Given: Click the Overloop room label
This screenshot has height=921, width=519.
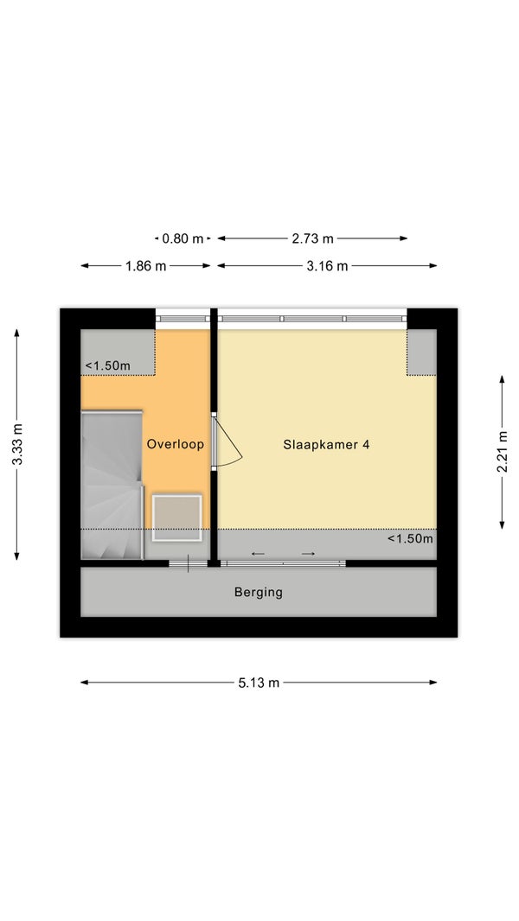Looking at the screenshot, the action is (x=175, y=444).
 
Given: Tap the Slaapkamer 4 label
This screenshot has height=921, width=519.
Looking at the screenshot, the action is (x=326, y=445).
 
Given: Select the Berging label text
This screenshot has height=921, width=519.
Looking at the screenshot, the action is (x=259, y=592).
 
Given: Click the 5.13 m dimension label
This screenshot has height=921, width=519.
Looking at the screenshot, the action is (x=259, y=683).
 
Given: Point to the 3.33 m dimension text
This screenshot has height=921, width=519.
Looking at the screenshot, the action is (x=17, y=444).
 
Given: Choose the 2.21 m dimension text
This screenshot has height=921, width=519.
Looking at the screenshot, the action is (x=502, y=452).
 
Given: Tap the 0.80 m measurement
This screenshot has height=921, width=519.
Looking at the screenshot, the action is (x=183, y=238).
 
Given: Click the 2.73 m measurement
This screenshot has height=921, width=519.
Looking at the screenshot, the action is (x=312, y=238).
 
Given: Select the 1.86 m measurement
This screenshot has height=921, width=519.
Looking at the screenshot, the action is (x=146, y=266).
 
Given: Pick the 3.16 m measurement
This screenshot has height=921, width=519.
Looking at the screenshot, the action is (x=327, y=266).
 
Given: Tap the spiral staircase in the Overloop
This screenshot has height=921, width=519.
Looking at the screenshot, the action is (x=112, y=485).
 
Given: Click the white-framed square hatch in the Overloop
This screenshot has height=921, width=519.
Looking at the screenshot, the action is (x=177, y=518).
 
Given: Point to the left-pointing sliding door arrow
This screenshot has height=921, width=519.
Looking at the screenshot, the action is (x=258, y=554).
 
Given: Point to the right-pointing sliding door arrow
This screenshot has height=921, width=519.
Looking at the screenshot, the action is (x=309, y=554).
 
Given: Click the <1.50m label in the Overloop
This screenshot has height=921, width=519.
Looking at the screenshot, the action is (x=107, y=366).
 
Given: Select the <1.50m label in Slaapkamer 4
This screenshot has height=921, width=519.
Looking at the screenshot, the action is (x=410, y=538).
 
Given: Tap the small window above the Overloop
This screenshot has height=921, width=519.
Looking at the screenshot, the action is (x=183, y=319).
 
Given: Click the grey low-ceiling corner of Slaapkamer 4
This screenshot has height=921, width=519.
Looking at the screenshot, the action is (x=422, y=353).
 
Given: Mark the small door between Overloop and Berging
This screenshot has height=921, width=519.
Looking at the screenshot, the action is (x=188, y=564).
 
